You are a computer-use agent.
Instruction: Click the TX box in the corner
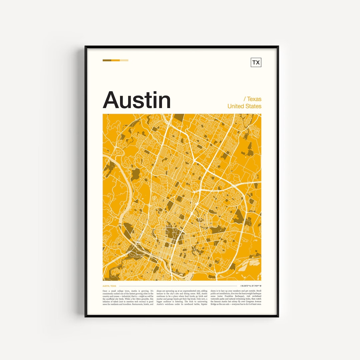256,62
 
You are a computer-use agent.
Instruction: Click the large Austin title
137,100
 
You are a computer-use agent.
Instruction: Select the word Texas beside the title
254,99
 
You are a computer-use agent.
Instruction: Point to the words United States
244,106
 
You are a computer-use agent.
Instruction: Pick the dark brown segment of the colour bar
107,60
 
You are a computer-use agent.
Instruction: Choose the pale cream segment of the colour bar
124,60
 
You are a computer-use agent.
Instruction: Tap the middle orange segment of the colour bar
115,60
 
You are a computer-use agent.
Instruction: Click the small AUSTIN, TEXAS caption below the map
109,286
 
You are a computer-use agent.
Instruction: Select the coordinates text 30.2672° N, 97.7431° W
251,286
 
